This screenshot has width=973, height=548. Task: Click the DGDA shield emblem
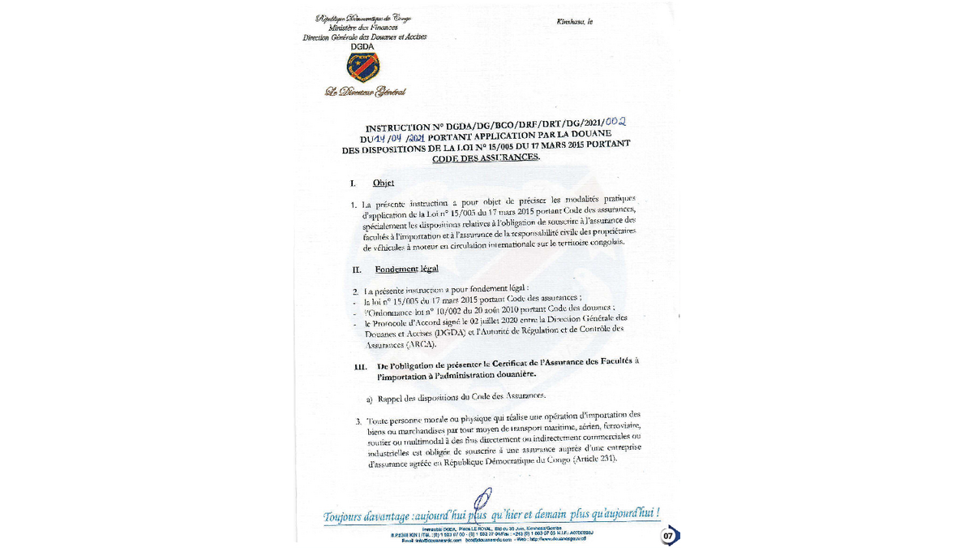363,67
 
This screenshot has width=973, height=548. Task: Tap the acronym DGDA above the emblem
363,47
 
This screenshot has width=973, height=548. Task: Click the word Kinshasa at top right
572,21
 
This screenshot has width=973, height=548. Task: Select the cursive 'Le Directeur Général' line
365,92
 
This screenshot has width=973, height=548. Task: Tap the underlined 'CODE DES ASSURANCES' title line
486,157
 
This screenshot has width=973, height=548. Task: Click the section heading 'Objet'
384,183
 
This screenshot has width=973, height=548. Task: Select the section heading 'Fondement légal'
406,269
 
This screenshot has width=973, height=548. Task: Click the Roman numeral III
361,366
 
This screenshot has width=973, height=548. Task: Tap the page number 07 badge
669,535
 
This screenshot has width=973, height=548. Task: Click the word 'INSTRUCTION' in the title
398,128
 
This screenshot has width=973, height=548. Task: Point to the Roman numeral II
357,269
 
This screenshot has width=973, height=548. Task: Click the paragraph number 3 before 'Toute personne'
358,422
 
